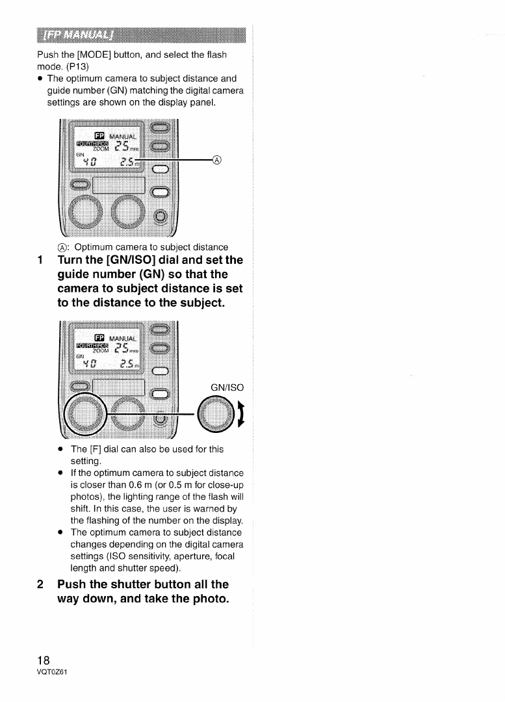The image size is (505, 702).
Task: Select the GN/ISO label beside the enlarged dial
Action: [x=227, y=387]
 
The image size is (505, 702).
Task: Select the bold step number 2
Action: [x=42, y=584]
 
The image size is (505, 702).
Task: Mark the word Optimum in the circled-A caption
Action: [x=96, y=247]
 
